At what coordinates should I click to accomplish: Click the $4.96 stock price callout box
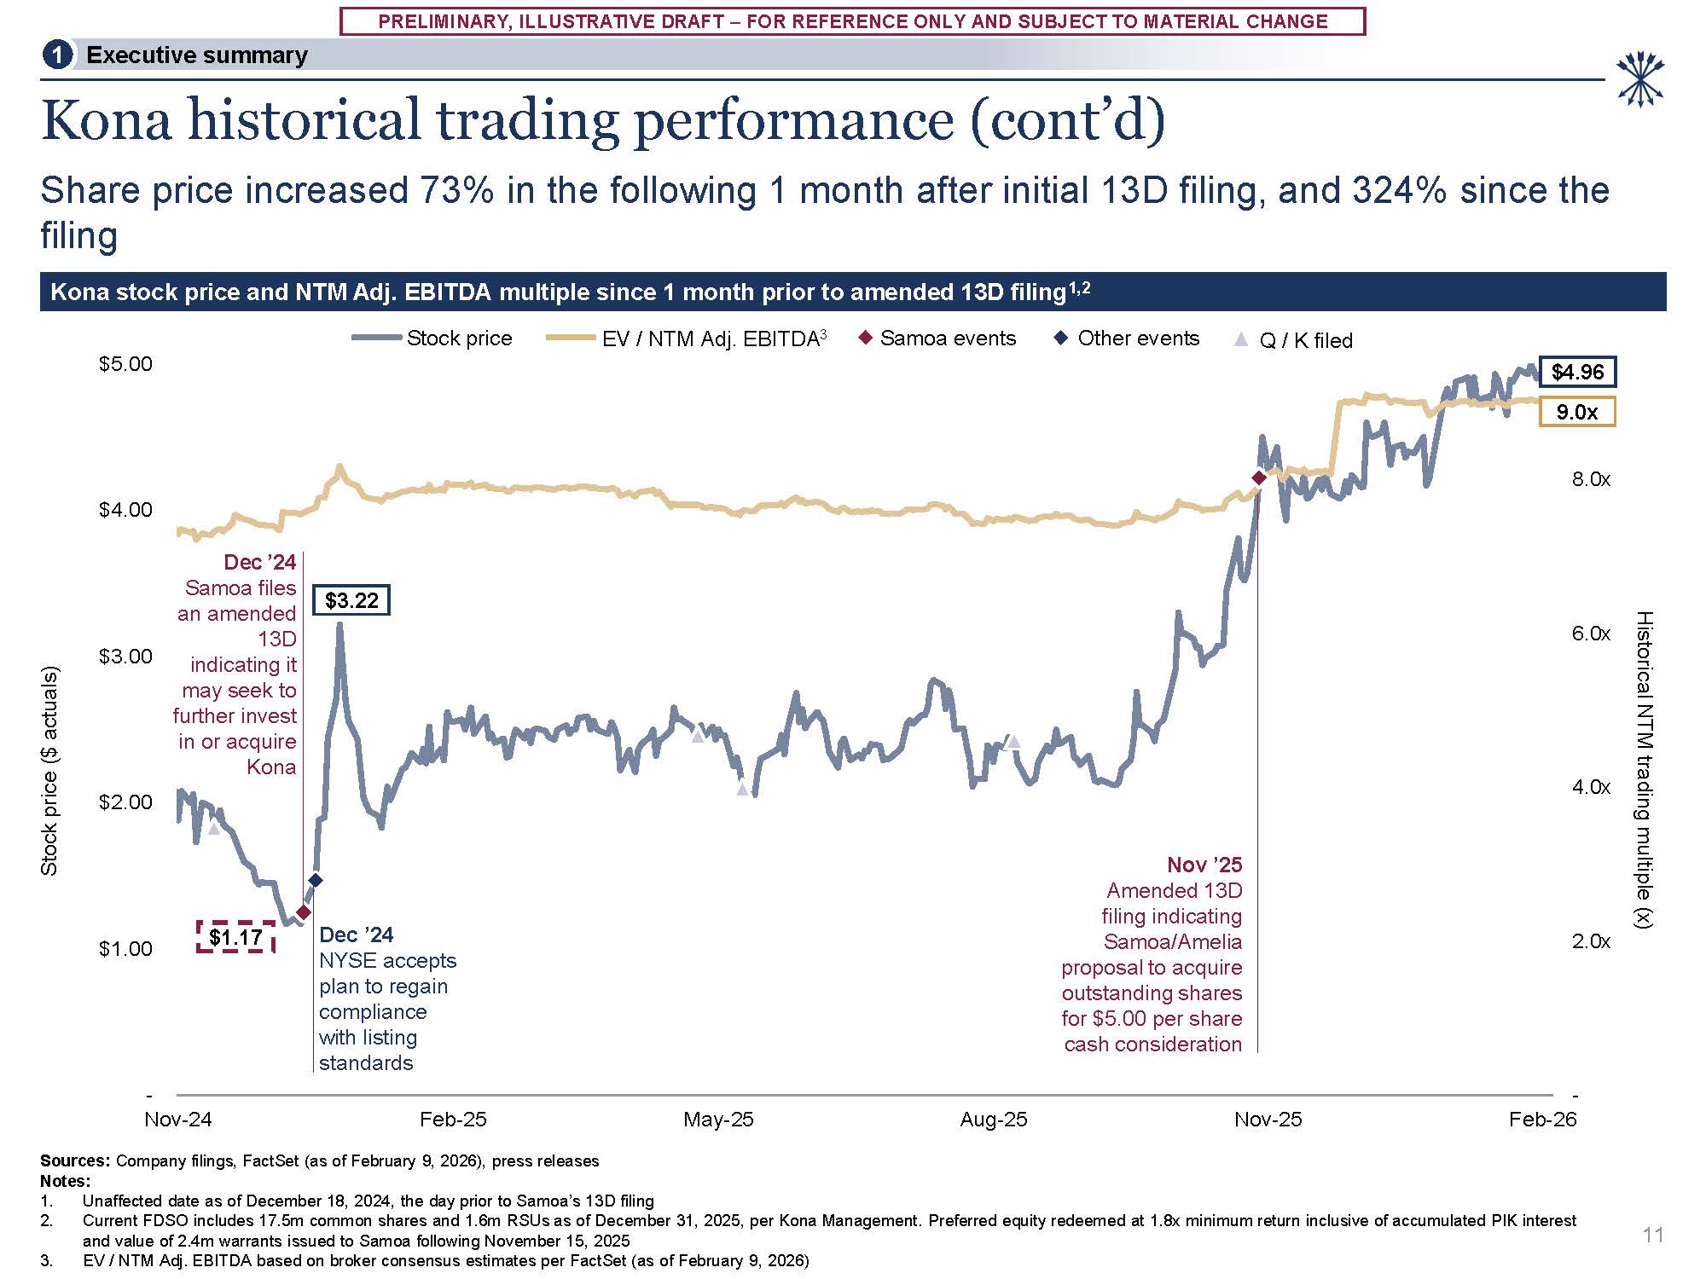coord(1577,372)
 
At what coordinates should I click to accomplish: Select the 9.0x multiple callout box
coord(1576,413)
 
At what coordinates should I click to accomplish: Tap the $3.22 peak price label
coord(351,600)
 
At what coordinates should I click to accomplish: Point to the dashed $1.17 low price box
coord(235,937)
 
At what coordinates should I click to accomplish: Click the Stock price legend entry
coord(432,339)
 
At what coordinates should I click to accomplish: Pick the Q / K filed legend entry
coord(1293,340)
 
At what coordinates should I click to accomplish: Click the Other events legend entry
coord(1127,339)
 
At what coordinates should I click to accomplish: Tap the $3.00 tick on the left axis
coord(125,656)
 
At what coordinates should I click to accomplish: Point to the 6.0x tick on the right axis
coord(1591,634)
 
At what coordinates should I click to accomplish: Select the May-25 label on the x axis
coord(718,1120)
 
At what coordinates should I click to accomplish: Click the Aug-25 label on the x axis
coord(993,1120)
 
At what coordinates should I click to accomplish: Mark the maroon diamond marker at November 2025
coord(1258,478)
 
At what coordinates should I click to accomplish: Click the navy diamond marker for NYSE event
coord(315,880)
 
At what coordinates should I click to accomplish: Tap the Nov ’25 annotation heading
coord(1204,865)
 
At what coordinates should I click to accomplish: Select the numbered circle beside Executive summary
coord(57,55)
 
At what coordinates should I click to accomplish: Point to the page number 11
coord(1652,1235)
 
